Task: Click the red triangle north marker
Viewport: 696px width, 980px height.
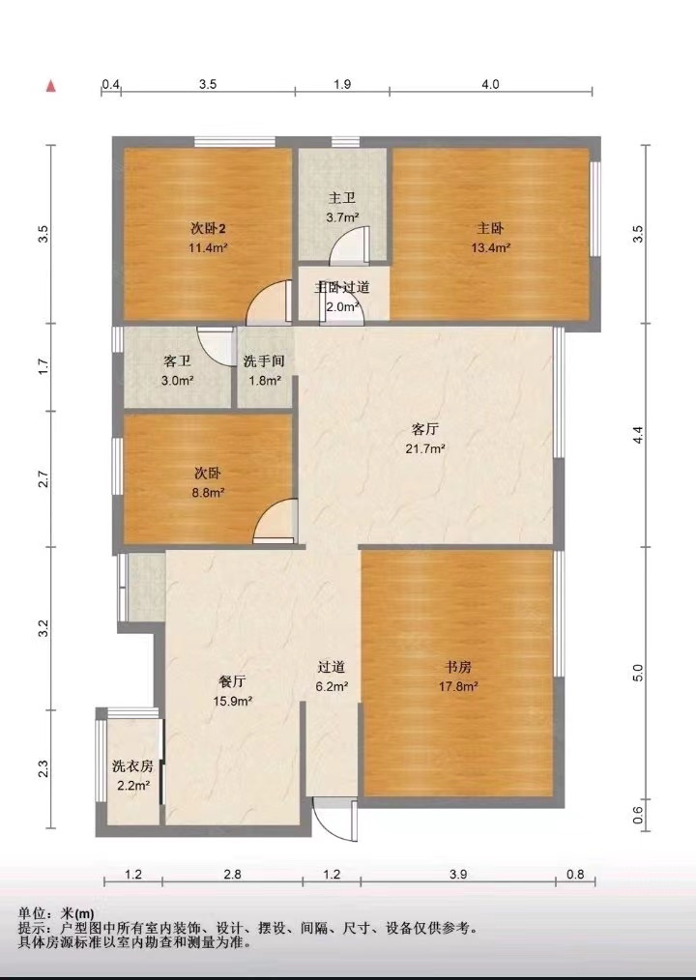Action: (x=50, y=86)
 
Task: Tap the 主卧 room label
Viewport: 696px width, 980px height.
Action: (x=490, y=229)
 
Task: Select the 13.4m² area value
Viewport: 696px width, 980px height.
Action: (x=491, y=247)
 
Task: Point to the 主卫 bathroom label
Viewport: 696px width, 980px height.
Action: (x=342, y=199)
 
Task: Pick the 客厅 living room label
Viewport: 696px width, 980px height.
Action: (x=425, y=429)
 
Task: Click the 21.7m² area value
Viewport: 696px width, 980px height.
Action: (x=425, y=448)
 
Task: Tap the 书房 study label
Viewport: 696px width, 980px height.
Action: (x=458, y=668)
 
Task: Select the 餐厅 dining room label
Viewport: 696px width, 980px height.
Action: (x=232, y=682)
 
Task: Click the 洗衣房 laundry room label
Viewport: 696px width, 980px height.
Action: (x=132, y=766)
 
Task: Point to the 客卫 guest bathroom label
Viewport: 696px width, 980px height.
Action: (x=177, y=361)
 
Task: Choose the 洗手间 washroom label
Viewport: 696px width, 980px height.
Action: (x=264, y=361)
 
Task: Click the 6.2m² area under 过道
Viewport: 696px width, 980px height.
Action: (x=332, y=686)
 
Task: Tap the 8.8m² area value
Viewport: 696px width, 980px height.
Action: (x=208, y=493)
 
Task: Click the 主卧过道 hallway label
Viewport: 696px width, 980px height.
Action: (x=341, y=287)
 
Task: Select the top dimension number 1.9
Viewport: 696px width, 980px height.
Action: (x=342, y=84)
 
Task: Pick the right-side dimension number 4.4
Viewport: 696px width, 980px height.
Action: (x=637, y=436)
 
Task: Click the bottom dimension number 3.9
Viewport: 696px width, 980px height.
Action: (x=458, y=875)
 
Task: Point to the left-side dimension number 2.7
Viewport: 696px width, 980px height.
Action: (x=43, y=479)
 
